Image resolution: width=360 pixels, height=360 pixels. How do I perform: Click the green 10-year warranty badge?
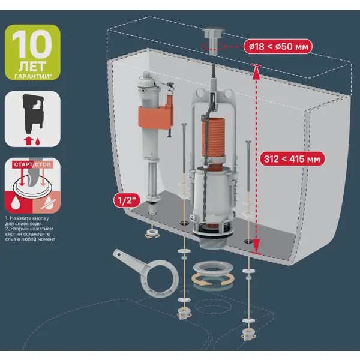(x=32, y=52)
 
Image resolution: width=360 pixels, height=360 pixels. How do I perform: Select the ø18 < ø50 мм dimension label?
(x=278, y=47)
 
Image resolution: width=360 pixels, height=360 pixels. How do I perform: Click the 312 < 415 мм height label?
(x=292, y=158)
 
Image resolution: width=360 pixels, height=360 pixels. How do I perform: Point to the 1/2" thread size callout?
(x=127, y=200)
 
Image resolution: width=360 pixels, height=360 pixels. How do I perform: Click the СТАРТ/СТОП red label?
(x=32, y=164)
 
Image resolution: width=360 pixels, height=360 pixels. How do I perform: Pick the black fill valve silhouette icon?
(x=33, y=113)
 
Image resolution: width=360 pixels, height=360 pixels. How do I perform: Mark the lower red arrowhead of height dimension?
(x=256, y=246)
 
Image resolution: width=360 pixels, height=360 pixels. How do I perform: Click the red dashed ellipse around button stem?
(x=214, y=46)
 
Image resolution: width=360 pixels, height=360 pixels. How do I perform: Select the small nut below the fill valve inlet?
(x=151, y=233)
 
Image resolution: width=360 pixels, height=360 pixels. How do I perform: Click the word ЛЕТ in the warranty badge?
(x=32, y=67)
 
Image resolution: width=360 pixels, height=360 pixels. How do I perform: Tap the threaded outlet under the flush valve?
(x=213, y=243)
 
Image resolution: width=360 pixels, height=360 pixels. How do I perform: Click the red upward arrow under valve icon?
(x=28, y=141)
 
